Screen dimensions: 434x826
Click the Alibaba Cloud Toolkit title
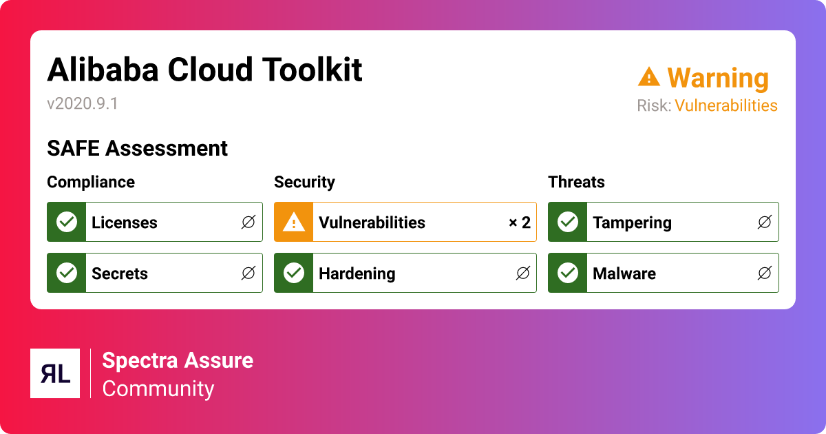(204, 70)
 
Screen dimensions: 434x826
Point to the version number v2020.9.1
(83, 103)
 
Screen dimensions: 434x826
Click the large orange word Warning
(717, 78)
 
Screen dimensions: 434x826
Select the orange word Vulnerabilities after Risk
(726, 105)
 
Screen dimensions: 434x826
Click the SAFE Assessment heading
(137, 148)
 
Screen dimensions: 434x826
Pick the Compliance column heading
(91, 182)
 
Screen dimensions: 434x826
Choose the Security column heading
(304, 182)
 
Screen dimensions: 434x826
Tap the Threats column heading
(576, 182)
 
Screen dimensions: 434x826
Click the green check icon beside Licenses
(66, 223)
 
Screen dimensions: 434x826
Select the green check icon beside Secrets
(66, 273)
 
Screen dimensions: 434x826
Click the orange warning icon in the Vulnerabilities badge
(294, 223)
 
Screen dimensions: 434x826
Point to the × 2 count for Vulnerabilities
(520, 223)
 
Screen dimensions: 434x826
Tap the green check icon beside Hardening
(294, 273)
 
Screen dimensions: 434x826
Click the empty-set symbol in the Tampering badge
(764, 223)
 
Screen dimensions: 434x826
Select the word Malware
(624, 273)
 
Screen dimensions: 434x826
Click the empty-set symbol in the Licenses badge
(248, 223)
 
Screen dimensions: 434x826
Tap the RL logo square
(55, 373)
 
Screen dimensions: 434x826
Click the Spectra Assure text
(178, 360)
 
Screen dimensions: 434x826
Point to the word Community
(158, 389)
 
